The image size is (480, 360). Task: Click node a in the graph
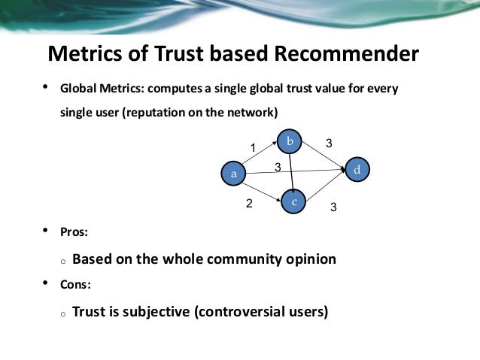(234, 174)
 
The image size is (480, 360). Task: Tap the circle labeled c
(295, 201)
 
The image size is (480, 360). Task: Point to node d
(357, 171)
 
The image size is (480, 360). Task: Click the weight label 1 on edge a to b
(254, 147)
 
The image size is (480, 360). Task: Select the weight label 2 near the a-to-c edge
(249, 203)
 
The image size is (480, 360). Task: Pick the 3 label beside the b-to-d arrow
(328, 142)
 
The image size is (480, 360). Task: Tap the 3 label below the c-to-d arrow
(334, 206)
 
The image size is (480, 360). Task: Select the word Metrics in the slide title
(84, 54)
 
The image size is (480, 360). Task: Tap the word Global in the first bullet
(77, 89)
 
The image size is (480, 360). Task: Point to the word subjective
(153, 310)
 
